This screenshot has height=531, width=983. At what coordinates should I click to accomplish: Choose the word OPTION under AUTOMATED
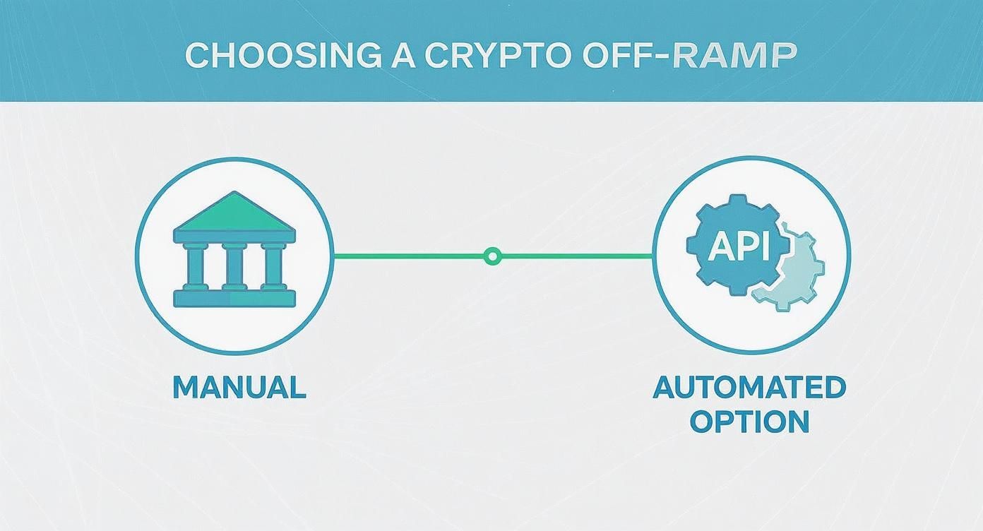(749, 422)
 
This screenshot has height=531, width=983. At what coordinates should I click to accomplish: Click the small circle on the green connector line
(492, 256)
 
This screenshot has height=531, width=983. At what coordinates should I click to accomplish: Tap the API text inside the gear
(738, 247)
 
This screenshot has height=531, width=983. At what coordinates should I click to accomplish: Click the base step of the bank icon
(234, 299)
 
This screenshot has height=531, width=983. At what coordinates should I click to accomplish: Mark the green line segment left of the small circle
(410, 256)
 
